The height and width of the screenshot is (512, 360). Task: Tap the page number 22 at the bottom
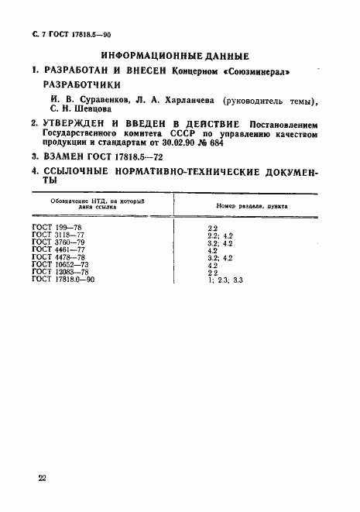click(42, 478)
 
